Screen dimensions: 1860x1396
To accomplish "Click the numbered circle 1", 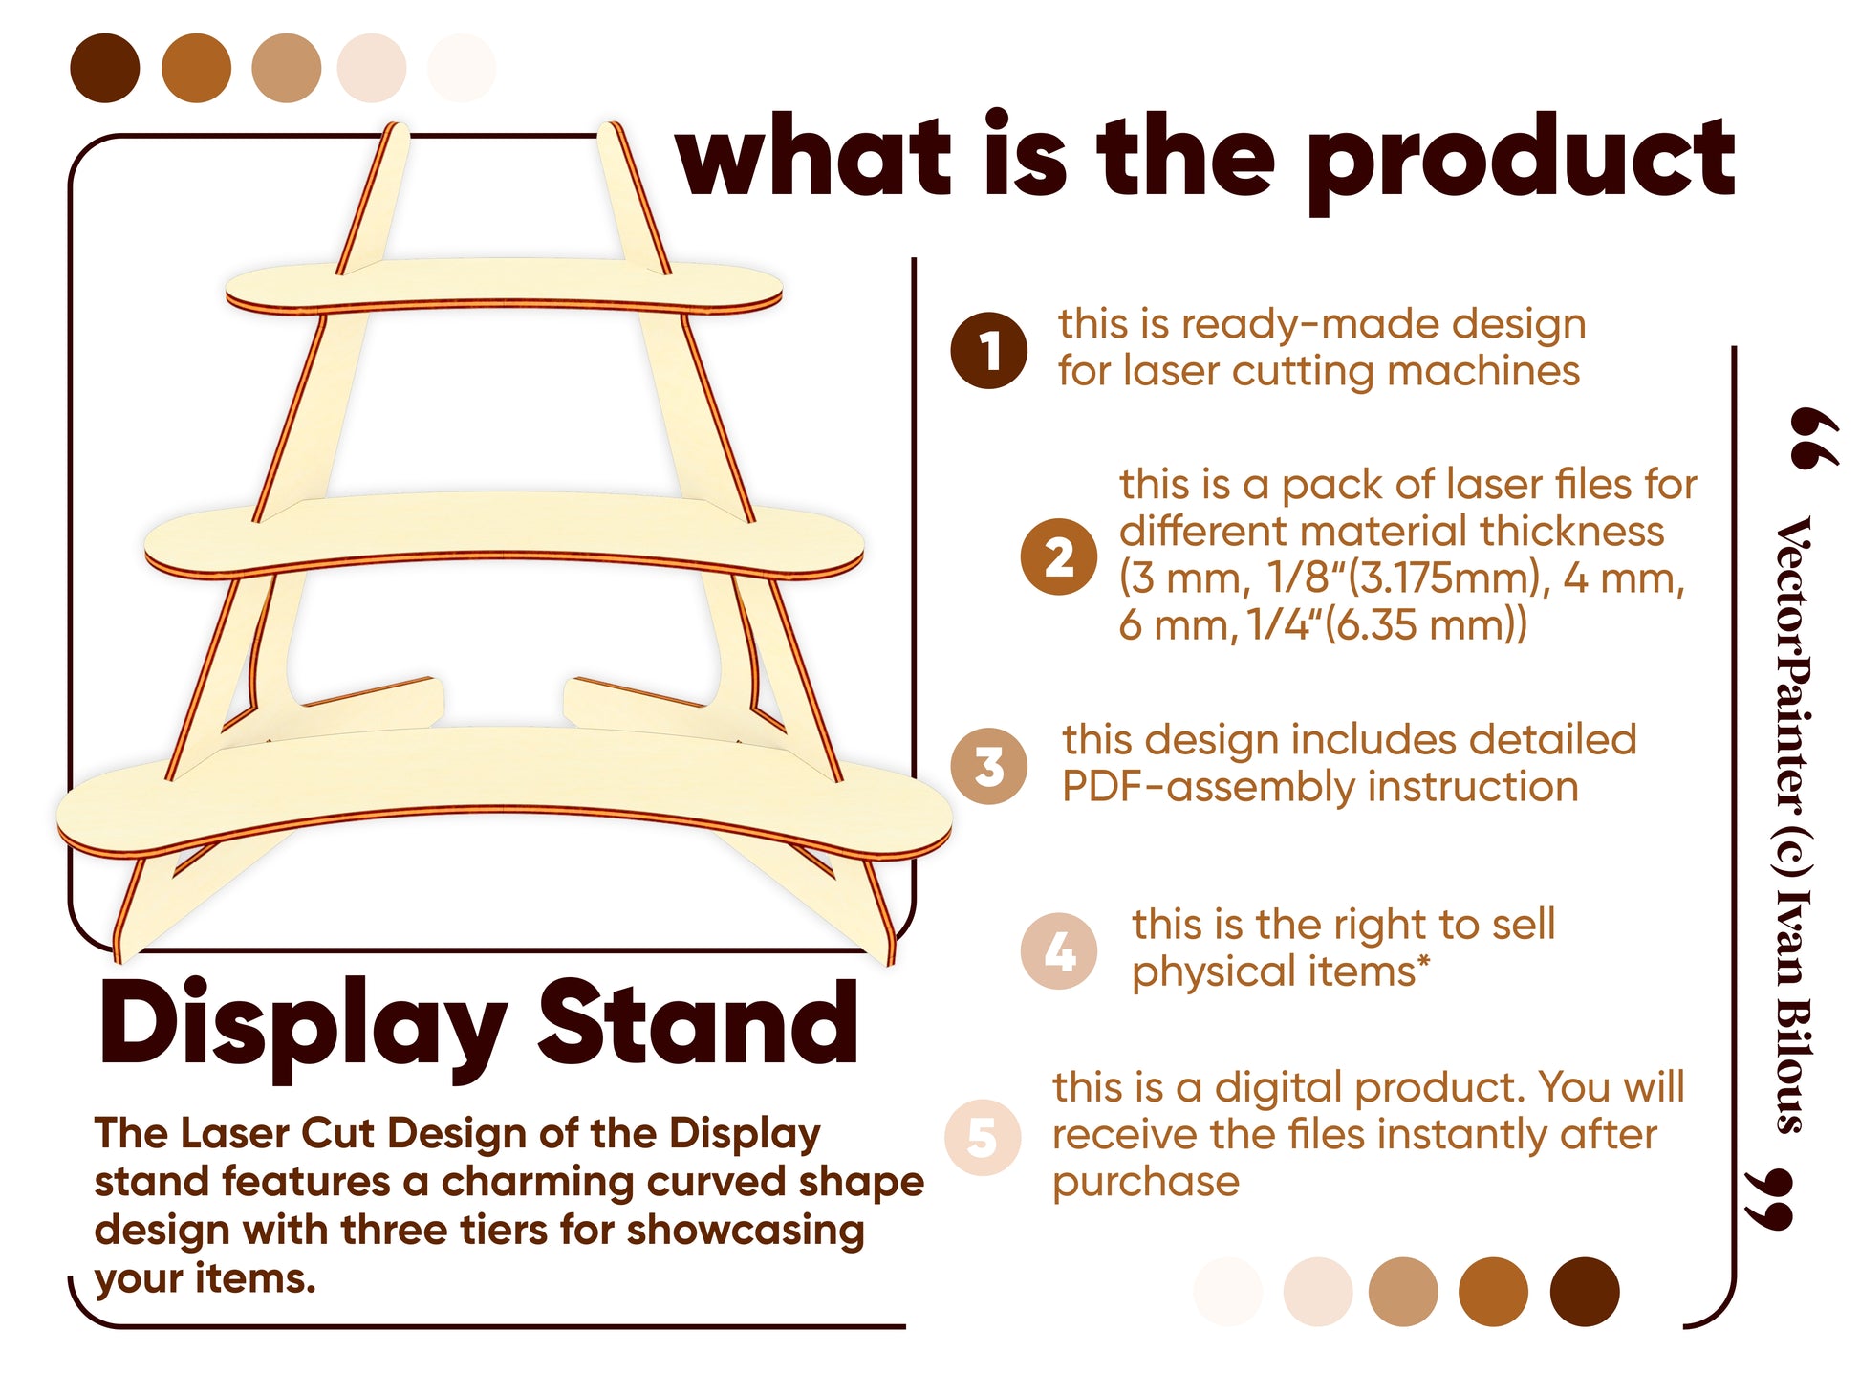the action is (x=988, y=350).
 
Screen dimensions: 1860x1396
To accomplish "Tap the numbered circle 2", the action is (x=1059, y=556).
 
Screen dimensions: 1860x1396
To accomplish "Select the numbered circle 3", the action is (x=988, y=766).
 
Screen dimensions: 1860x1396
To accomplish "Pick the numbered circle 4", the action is (x=1059, y=950).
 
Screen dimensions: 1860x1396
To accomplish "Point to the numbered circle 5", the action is (x=983, y=1137).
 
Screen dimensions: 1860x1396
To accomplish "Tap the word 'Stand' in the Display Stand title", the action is (x=698, y=1023).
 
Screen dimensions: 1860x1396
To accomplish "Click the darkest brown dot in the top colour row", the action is (x=105, y=68).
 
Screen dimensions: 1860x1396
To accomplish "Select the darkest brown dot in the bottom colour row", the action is (x=1584, y=1291).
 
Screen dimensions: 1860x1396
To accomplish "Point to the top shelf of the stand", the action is (x=504, y=284).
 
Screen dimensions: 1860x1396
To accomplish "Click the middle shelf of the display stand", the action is (x=504, y=535).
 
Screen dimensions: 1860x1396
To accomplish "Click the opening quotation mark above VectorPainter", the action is (x=1812, y=437).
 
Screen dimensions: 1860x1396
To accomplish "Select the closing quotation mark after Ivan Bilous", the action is (x=1768, y=1199).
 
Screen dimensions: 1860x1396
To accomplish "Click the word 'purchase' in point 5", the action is (x=1145, y=1183).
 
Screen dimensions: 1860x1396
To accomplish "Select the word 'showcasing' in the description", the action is (x=746, y=1231).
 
